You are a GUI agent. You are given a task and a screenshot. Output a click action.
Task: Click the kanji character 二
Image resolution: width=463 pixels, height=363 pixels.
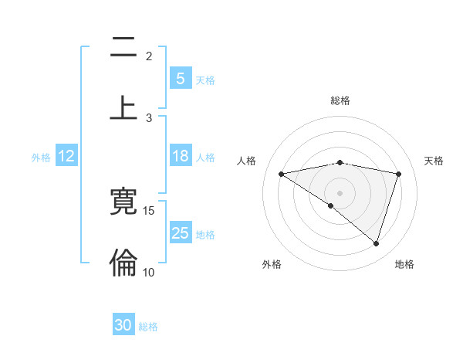click(123, 48)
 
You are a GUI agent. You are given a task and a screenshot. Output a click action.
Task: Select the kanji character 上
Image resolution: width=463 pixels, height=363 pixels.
click(123, 107)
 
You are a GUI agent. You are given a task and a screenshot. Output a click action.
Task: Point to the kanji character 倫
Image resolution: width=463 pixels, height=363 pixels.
click(123, 263)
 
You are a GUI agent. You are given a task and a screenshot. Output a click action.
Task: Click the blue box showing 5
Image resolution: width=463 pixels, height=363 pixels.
click(180, 78)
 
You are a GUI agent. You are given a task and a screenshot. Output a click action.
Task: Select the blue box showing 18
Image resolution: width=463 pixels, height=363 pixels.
click(180, 156)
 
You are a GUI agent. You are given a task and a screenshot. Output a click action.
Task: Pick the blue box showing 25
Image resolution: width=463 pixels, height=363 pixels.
click(180, 232)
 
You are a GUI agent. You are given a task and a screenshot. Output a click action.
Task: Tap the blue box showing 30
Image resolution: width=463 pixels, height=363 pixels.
click(123, 325)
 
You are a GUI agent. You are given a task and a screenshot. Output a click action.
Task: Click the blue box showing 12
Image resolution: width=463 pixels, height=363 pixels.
click(66, 156)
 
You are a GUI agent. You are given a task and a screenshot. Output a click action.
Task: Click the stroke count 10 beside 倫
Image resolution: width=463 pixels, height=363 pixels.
click(149, 272)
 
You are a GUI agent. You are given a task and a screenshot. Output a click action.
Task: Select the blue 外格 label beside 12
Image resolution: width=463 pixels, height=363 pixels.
click(41, 158)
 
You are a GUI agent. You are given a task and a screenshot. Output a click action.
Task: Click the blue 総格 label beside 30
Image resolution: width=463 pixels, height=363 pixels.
click(148, 327)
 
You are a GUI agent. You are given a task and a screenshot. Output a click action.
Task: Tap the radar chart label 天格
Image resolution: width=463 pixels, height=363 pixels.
click(434, 161)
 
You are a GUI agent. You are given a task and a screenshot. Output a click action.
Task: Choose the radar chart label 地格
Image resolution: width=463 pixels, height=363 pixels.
click(404, 264)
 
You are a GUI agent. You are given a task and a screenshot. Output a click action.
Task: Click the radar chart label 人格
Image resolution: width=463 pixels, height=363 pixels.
click(247, 161)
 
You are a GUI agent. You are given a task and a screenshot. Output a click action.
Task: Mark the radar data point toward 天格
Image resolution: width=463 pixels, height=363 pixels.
click(399, 174)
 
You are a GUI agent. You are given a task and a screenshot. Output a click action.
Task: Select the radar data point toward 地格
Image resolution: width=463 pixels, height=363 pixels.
click(376, 244)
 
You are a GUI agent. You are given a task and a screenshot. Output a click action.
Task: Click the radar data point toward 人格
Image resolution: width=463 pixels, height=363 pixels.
click(281, 174)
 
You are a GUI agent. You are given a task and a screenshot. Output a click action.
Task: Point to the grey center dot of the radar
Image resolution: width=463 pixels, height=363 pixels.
click(340, 192)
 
